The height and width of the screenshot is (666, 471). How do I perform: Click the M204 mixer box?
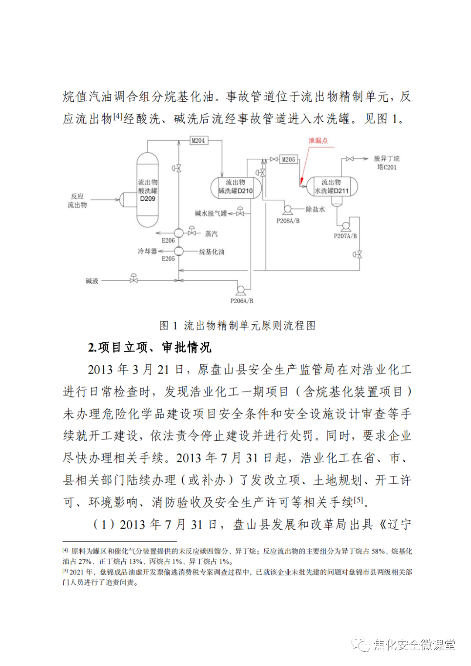click(x=198, y=141)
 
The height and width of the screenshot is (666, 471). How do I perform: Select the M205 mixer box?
click(x=288, y=160)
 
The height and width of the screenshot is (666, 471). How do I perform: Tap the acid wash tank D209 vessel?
click(x=147, y=190)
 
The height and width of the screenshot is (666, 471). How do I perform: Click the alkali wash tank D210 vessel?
click(x=235, y=187)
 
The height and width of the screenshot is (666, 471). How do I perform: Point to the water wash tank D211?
click(x=332, y=187)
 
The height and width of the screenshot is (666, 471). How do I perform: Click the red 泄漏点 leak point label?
click(x=318, y=141)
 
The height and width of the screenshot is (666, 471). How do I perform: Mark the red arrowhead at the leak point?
click(x=301, y=181)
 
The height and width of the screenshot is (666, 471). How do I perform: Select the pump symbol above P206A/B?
click(x=240, y=289)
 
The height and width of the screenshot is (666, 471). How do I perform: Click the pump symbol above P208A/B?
click(x=287, y=210)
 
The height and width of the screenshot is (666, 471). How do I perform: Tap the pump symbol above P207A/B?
click(x=345, y=226)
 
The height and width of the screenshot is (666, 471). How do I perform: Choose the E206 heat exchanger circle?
click(x=179, y=233)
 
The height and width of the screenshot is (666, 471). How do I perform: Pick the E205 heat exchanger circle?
click(x=179, y=251)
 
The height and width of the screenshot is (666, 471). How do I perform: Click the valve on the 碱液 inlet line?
click(x=133, y=279)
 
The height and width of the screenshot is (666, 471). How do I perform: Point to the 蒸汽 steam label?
click(x=212, y=234)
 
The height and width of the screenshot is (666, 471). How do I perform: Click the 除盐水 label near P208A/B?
click(x=315, y=209)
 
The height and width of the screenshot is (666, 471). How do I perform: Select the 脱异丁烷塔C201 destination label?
click(x=386, y=163)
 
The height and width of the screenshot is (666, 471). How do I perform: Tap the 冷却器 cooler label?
click(x=147, y=251)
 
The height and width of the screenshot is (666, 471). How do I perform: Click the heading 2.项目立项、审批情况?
click(x=150, y=347)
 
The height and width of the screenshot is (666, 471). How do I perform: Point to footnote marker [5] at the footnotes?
click(x=65, y=571)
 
